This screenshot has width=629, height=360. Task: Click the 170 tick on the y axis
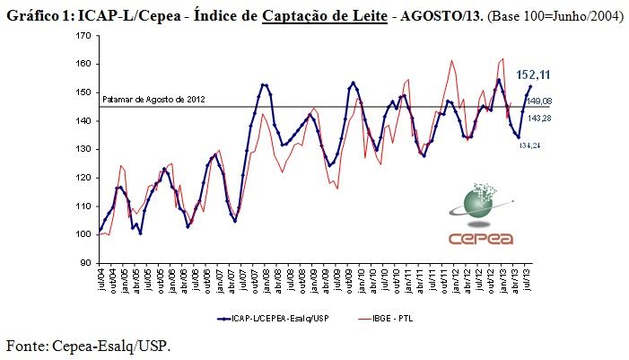85,36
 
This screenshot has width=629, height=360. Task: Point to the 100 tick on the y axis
85,234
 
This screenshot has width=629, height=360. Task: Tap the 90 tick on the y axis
86,263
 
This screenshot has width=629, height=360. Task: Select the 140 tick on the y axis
85,121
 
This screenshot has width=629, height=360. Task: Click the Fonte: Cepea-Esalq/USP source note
88,346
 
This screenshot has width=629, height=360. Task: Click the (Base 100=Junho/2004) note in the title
554,14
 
